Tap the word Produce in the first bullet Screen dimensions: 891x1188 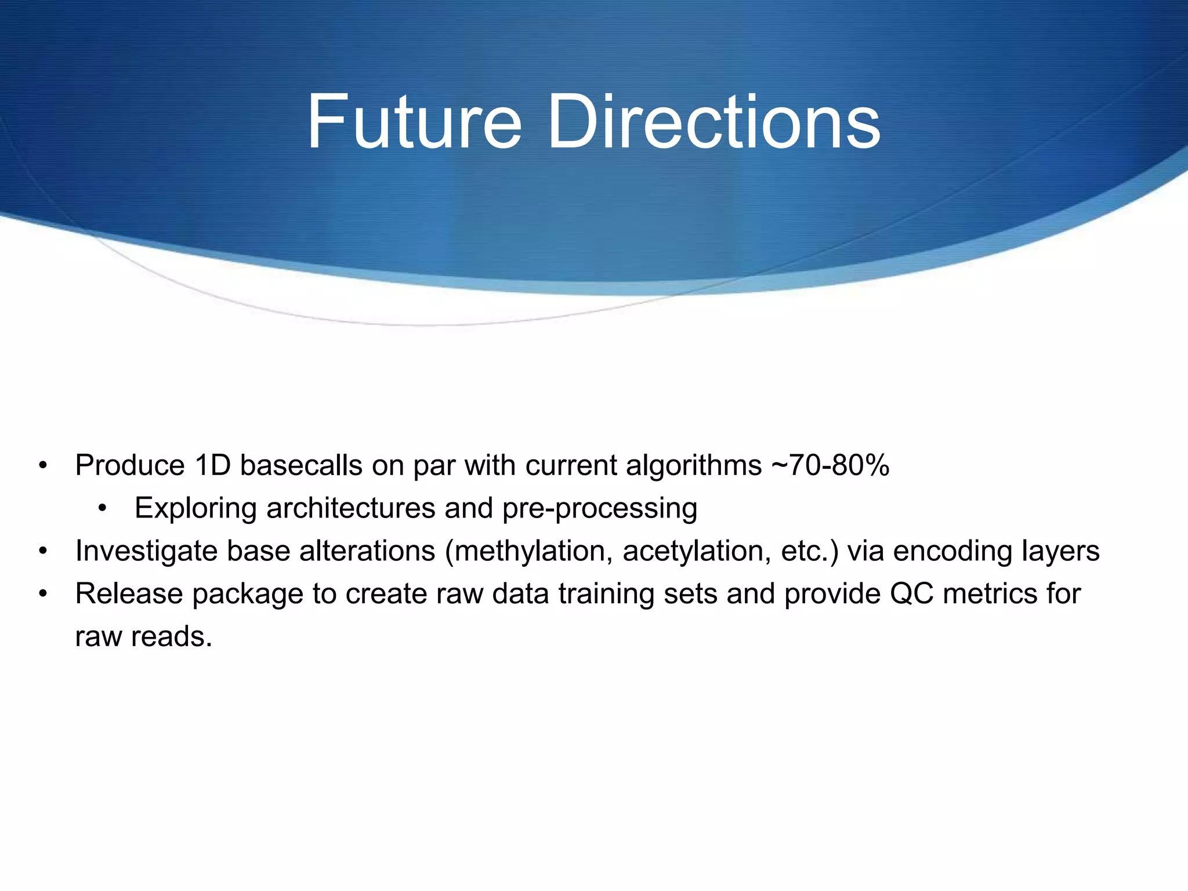coord(130,465)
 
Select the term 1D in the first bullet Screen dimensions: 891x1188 coord(212,465)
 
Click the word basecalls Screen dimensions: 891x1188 coord(301,465)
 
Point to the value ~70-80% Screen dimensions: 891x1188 coord(830,465)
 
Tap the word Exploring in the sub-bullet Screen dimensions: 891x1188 coord(195,509)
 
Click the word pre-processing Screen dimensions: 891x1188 coord(599,509)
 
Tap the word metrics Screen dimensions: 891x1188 coord(991,594)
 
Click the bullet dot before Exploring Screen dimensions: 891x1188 coord(103,509)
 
